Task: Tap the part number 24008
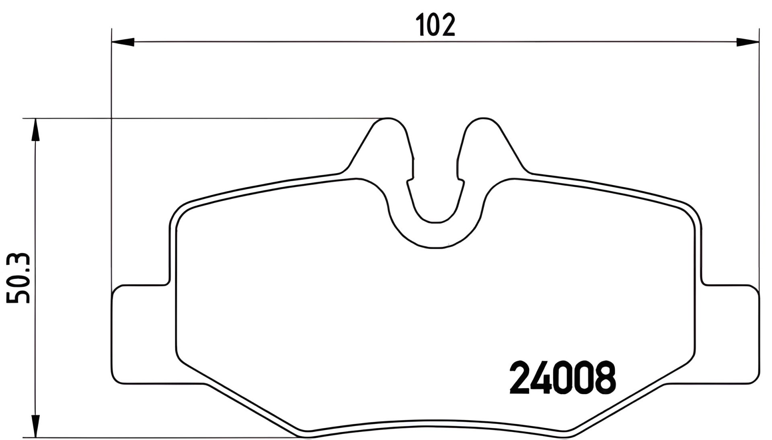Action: point(563,378)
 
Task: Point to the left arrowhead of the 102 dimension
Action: point(123,41)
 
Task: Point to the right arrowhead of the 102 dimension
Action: point(747,41)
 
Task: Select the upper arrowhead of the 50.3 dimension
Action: point(36,130)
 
